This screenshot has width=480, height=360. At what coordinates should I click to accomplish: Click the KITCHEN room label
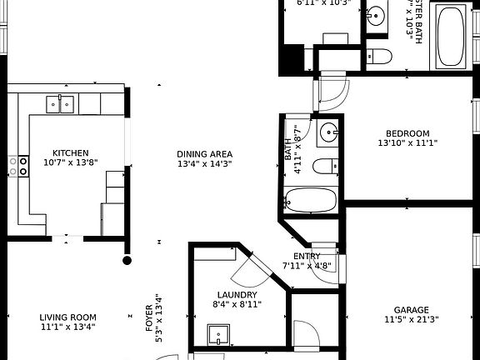pyautogui.click(x=71, y=153)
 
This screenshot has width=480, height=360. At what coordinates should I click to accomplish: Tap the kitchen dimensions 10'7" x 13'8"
pyautogui.click(x=71, y=164)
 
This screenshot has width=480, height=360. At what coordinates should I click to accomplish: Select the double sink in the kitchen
pyautogui.click(x=59, y=103)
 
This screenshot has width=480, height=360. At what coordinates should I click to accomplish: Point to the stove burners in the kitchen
pyautogui.click(x=18, y=165)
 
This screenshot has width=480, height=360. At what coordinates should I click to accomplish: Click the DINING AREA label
pyautogui.click(x=204, y=154)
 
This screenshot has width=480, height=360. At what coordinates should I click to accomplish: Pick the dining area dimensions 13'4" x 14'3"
pyautogui.click(x=204, y=165)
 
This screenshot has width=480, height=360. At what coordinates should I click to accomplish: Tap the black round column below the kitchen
pyautogui.click(x=127, y=261)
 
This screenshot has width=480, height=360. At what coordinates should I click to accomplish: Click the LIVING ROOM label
pyautogui.click(x=68, y=317)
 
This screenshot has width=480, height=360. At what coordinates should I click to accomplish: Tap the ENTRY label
pyautogui.click(x=307, y=257)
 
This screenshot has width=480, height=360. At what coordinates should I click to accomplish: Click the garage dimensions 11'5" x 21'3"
pyautogui.click(x=411, y=319)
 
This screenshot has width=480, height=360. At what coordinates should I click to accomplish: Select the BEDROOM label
pyautogui.click(x=407, y=133)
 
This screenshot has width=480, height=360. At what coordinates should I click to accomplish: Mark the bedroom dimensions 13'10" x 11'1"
pyautogui.click(x=407, y=143)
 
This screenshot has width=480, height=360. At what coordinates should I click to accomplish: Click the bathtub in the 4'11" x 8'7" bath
pyautogui.click(x=309, y=200)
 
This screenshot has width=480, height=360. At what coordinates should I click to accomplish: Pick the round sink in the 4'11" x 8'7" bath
pyautogui.click(x=329, y=132)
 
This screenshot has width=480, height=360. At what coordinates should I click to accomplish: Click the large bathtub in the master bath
pyautogui.click(x=452, y=36)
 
